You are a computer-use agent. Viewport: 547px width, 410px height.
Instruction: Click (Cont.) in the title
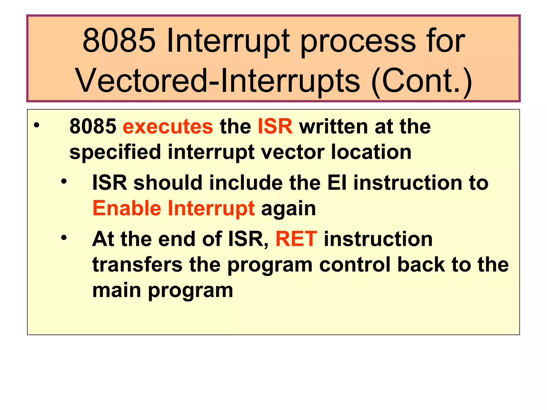pyautogui.click(x=421, y=81)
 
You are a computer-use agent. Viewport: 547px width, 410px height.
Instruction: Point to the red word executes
pyautogui.click(x=168, y=127)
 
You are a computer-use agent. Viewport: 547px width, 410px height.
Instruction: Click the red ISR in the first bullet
pyautogui.click(x=275, y=127)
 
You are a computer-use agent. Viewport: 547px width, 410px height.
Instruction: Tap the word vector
pyautogui.click(x=293, y=152)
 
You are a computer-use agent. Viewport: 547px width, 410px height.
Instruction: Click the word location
pyautogui.click(x=371, y=152)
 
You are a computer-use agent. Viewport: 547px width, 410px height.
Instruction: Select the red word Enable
pyautogui.click(x=127, y=208)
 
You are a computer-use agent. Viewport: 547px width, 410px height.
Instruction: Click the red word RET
pyautogui.click(x=296, y=239)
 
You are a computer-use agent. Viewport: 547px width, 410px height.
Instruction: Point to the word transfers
pyautogui.click(x=137, y=265)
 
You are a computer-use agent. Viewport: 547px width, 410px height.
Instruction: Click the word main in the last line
pyautogui.click(x=116, y=290)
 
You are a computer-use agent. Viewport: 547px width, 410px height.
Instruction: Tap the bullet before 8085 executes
pyautogui.click(x=37, y=125)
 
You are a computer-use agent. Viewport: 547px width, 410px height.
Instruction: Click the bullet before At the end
pyautogui.click(x=64, y=237)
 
